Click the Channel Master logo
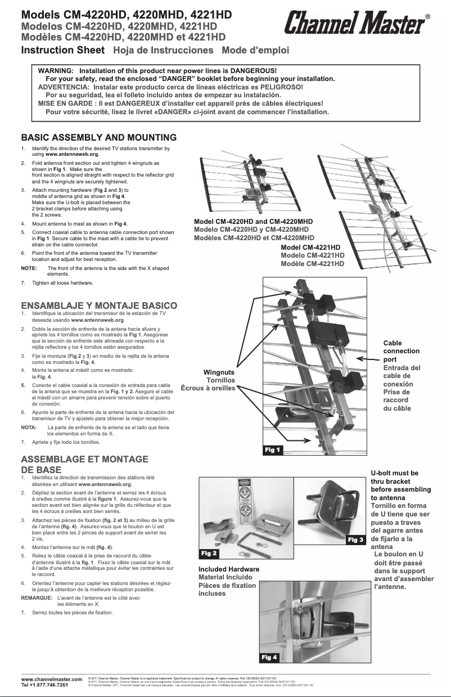click(x=355, y=25)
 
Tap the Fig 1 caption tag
click(x=273, y=449)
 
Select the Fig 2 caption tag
click(x=209, y=554)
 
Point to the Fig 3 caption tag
click(x=355, y=540)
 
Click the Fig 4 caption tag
click(x=269, y=657)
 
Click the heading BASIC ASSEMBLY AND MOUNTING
click(x=99, y=137)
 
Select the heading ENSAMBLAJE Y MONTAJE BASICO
click(x=99, y=305)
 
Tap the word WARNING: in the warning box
click(x=56, y=71)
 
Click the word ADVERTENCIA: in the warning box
click(x=63, y=87)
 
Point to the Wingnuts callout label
click(x=219, y=372)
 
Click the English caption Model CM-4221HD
click(x=310, y=248)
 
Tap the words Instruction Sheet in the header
click(x=63, y=50)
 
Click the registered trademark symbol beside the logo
click(x=428, y=17)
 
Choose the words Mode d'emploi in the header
click(x=255, y=50)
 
